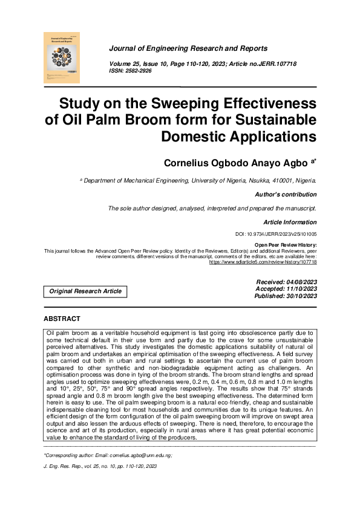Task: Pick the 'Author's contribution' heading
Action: click(x=286, y=195)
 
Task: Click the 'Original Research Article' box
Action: click(x=86, y=291)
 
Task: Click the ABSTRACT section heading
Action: click(x=62, y=319)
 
